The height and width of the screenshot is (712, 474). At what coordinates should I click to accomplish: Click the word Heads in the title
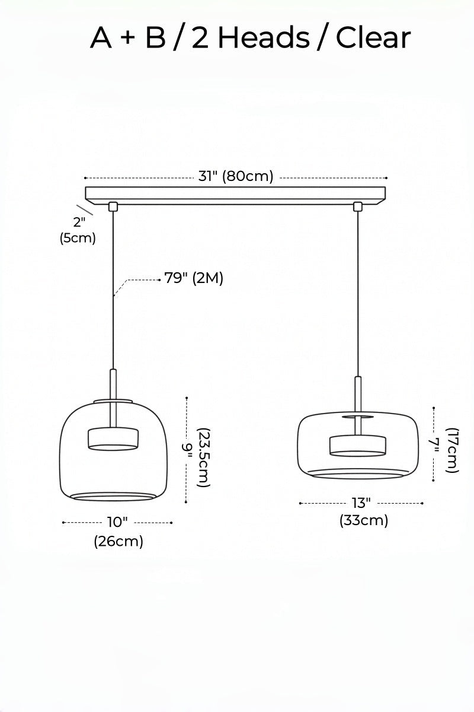click(264, 37)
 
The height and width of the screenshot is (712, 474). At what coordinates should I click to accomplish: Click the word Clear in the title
click(373, 37)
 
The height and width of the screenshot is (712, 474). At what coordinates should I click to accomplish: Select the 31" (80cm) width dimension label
click(236, 176)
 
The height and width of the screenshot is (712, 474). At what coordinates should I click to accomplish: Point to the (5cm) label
click(78, 238)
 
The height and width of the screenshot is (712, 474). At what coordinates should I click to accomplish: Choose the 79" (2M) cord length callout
click(194, 278)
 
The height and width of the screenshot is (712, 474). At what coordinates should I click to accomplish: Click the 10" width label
click(117, 522)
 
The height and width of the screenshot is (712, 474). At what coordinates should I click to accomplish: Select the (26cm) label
click(118, 541)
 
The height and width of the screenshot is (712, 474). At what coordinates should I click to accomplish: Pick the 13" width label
click(361, 503)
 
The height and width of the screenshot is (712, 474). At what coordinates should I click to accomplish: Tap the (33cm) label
click(364, 521)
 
